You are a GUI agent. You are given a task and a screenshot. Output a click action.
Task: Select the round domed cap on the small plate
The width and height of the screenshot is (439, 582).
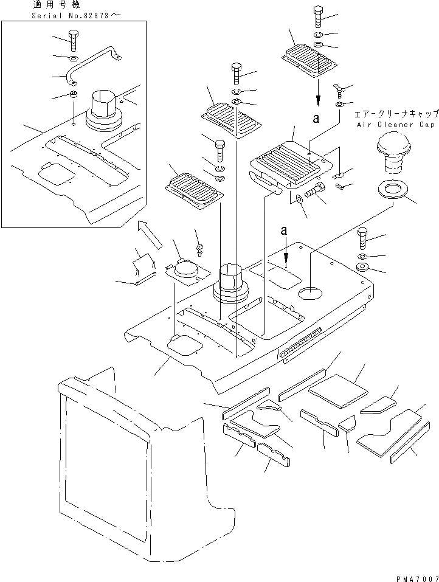185,267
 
